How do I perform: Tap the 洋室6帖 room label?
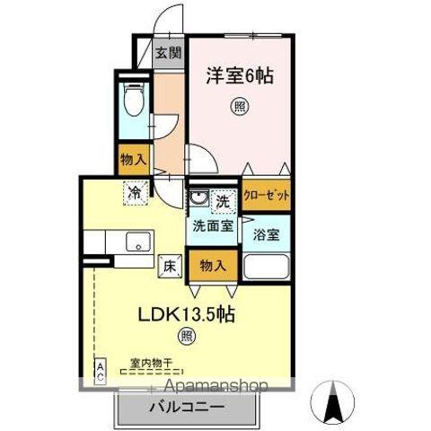click(240, 77)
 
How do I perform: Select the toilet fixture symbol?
click(134, 101)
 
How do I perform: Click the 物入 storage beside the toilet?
click(134, 160)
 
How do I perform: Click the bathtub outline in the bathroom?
click(267, 268)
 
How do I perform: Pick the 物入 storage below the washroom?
click(213, 266)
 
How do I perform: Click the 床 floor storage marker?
click(169, 265)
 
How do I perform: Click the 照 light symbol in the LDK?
click(186, 338)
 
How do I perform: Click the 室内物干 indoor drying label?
click(150, 363)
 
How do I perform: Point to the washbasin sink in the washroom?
click(198, 198)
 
